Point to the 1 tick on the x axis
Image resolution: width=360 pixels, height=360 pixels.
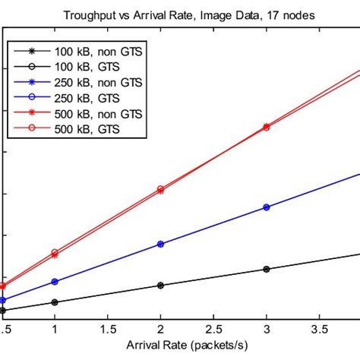(55, 330)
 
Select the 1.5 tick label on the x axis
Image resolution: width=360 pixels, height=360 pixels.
(107, 330)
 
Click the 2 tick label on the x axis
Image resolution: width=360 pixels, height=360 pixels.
(160, 330)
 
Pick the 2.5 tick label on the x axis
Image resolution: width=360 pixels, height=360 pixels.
(213, 330)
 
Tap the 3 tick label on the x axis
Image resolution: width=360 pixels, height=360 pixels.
(266, 330)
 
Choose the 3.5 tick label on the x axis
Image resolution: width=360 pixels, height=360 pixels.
(318, 330)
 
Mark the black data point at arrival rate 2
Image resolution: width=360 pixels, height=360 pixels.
(160, 286)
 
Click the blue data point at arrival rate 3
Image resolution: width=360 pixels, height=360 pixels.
(266, 207)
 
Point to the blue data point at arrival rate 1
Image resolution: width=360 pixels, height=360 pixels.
(55, 282)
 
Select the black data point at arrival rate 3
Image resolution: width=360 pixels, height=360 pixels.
(266, 269)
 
